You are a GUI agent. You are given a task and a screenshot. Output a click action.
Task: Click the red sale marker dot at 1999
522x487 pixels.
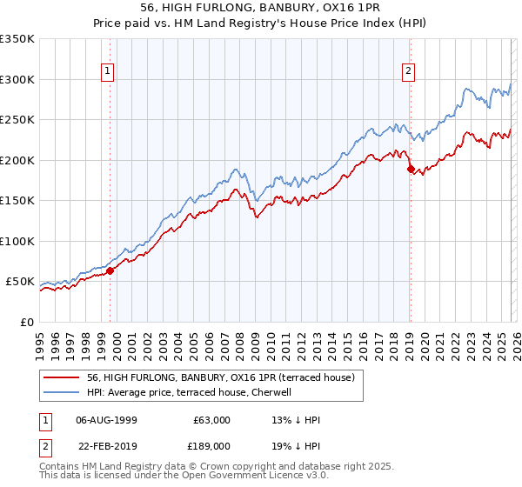pyautogui.click(x=110, y=271)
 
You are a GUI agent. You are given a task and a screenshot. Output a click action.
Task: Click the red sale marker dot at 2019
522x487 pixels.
pyautogui.click(x=410, y=170)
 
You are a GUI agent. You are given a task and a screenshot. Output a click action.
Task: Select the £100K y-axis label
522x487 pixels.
pyautogui.click(x=17, y=241)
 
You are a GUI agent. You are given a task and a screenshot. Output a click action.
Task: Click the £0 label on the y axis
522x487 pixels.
pyautogui.click(x=26, y=322)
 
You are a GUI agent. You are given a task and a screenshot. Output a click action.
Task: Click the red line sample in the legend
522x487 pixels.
pyautogui.click(x=63, y=378)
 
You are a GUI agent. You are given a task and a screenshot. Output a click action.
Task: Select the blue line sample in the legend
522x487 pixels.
pyautogui.click(x=63, y=393)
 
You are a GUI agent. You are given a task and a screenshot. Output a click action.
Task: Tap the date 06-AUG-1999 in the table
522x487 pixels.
pyautogui.click(x=106, y=420)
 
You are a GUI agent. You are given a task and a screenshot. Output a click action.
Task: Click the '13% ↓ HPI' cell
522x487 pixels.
pyautogui.click(x=297, y=420)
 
